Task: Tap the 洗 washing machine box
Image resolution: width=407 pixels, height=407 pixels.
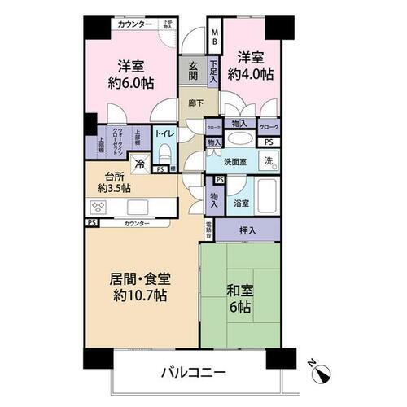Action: (x=268, y=161)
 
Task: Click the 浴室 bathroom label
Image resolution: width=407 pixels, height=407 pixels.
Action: (x=240, y=203)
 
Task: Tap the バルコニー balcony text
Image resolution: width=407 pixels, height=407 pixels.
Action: (x=192, y=372)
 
